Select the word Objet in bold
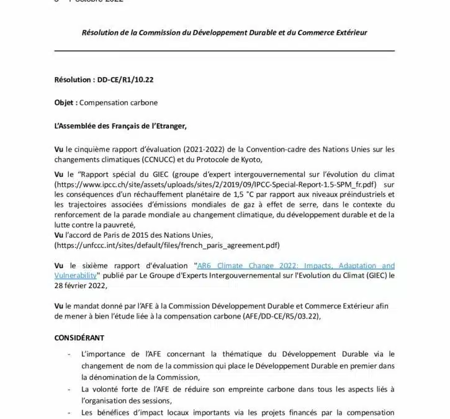point(65,103)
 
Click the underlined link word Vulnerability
point(75,274)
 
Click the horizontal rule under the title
point(225,51)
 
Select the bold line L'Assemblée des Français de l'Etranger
point(120,126)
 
